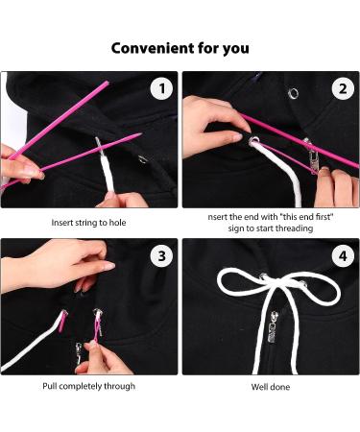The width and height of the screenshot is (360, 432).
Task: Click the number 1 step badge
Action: tap(162, 88)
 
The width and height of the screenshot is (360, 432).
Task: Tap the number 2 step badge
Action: tap(343, 88)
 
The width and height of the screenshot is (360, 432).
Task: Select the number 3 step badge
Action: tap(162, 256)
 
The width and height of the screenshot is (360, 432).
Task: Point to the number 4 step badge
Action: tap(343, 256)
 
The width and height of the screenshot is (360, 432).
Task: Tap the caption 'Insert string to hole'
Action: tap(88, 223)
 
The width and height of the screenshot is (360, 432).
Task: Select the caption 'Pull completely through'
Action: tap(89, 386)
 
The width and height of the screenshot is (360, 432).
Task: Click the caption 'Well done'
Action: tap(271, 387)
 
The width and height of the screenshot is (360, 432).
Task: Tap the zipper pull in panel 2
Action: tap(312, 156)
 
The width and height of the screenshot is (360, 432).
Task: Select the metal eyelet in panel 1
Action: tap(143, 159)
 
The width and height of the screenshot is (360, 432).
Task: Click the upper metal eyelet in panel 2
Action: tap(293, 93)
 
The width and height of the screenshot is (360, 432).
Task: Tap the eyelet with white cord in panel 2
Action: tap(254, 141)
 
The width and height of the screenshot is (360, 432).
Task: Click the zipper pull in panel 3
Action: tap(79, 352)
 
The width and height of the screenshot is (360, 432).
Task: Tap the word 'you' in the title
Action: tap(236, 49)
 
